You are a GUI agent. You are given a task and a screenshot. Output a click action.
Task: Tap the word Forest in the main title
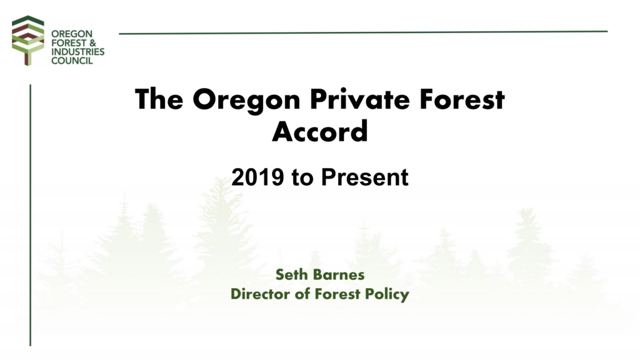pyautogui.click(x=460, y=99)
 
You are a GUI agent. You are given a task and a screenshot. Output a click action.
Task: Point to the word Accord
pyautogui.click(x=319, y=131)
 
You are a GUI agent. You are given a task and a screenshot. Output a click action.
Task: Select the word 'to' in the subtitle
pyautogui.click(x=301, y=177)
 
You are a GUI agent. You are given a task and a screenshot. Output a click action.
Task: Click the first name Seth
pyautogui.click(x=292, y=274)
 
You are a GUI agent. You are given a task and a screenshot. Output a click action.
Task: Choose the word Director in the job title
pyautogui.click(x=257, y=293)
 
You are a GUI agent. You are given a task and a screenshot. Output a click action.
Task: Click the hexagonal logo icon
pyautogui.click(x=28, y=39)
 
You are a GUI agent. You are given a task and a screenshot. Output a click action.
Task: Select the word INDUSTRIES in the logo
pyautogui.click(x=77, y=52)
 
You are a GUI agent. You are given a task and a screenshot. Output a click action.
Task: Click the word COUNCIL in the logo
pyautogui.click(x=72, y=61)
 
